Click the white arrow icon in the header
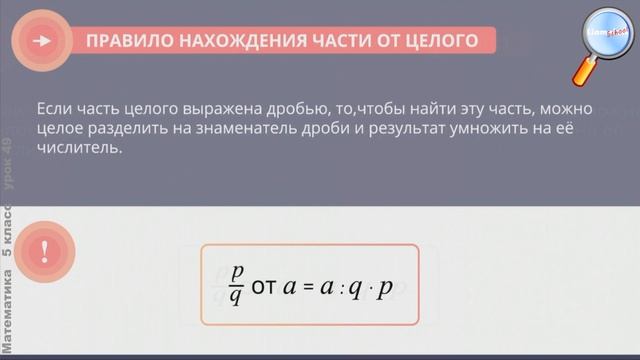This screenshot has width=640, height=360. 42,41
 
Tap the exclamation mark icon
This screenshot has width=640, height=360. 42,251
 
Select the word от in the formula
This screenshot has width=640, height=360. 264,285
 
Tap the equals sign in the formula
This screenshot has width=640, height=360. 310,286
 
